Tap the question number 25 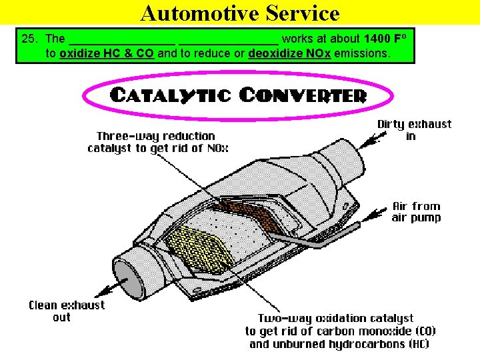pos(29,39)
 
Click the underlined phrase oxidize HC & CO pos(107,53)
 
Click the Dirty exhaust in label pos(414,130)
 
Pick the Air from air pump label pos(416,212)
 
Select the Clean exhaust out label pos(66,311)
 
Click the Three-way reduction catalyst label pos(151,142)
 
